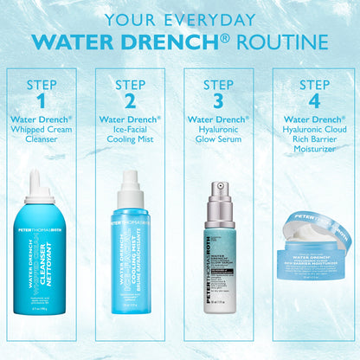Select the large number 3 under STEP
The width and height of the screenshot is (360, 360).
218,100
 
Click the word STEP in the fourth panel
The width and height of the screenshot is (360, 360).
314,84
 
